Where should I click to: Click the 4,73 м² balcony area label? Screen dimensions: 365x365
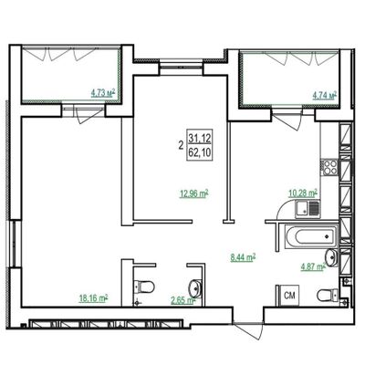[103, 93]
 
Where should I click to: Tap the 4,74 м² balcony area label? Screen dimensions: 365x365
[325, 95]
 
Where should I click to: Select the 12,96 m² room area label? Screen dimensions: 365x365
[194, 193]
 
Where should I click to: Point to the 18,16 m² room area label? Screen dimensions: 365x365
[94, 298]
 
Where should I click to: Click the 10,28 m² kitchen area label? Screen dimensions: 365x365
[303, 193]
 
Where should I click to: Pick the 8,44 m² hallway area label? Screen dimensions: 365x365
[243, 258]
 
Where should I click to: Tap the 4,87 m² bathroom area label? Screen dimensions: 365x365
[313, 267]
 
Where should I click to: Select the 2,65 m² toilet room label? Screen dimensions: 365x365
[182, 300]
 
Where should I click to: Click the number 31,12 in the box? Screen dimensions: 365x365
[200, 139]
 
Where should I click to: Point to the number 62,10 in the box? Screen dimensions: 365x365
[200, 151]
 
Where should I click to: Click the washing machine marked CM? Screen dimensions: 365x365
[289, 295]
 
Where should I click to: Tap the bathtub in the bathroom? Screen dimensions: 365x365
[311, 236]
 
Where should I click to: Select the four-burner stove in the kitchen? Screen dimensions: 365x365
[329, 167]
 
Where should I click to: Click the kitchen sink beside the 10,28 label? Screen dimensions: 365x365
[308, 209]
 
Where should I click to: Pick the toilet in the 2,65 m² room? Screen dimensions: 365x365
[144, 287]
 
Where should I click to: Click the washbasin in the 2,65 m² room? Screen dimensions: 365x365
[195, 288]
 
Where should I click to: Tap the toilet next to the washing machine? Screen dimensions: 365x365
[328, 295]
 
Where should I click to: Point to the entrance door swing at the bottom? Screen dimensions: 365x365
[249, 331]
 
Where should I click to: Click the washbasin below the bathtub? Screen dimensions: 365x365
[330, 257]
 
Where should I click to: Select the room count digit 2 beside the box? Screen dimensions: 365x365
[181, 145]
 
